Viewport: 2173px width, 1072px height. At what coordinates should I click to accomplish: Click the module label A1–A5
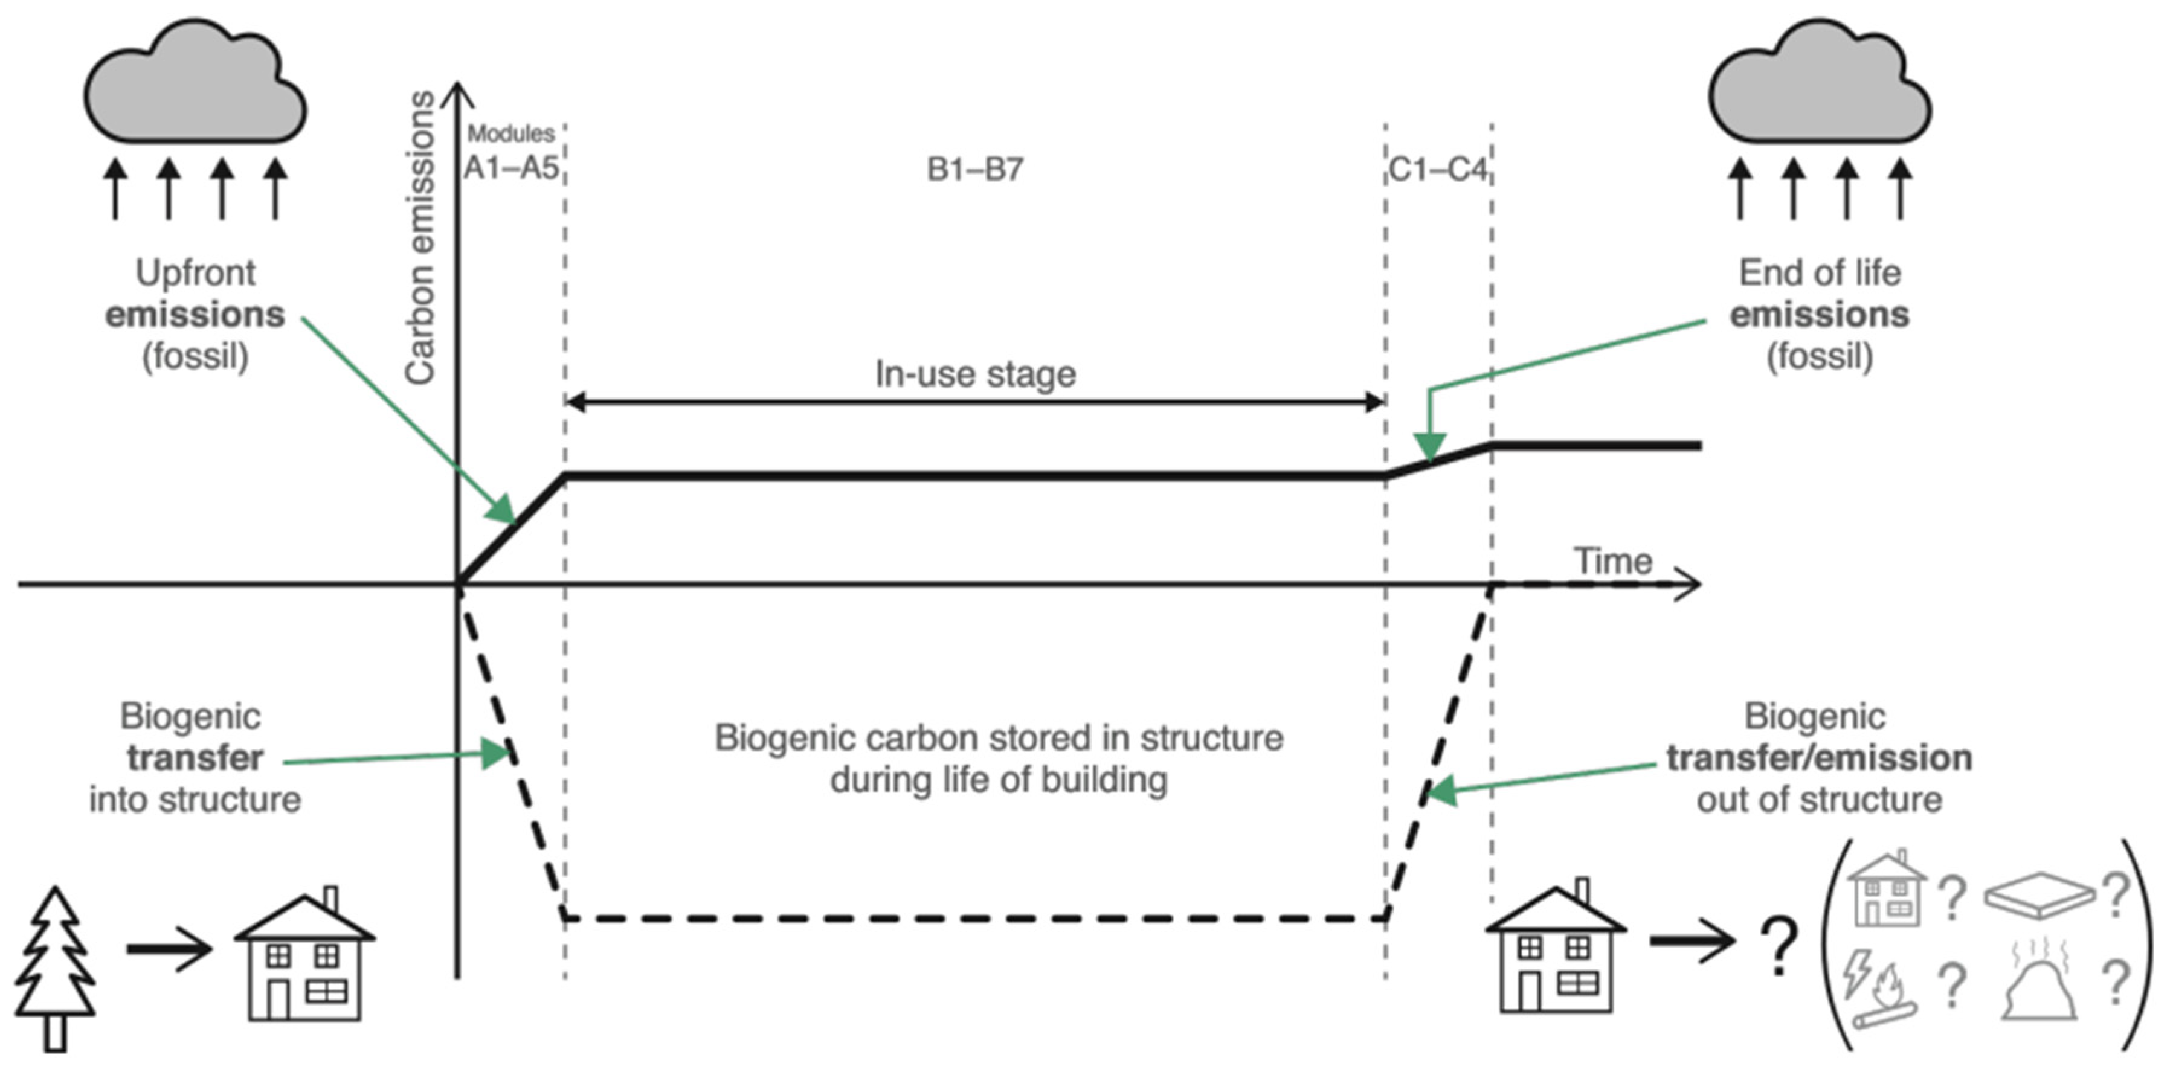click(x=511, y=169)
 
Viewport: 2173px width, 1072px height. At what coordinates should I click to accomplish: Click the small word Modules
click(x=511, y=133)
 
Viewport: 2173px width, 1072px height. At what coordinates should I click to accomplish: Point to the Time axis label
click(x=1613, y=561)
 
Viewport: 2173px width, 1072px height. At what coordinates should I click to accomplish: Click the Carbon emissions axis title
click(x=419, y=238)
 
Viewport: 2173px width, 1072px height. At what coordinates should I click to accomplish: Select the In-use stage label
click(x=975, y=374)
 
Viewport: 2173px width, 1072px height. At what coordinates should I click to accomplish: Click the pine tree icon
click(x=56, y=968)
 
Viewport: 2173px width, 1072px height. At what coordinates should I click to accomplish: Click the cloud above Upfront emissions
click(x=195, y=81)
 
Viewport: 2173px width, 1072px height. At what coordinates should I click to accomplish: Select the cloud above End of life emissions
click(x=1820, y=81)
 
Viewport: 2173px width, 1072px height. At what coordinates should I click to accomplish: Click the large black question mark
click(x=1779, y=946)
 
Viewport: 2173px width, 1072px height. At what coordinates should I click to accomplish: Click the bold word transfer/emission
click(x=1820, y=758)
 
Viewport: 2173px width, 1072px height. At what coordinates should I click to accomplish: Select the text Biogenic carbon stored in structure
click(x=999, y=738)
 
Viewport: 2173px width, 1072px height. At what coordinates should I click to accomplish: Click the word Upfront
click(x=195, y=273)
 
